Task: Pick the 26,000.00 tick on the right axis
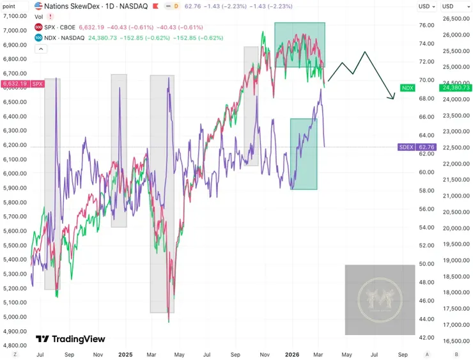[x=455, y=35]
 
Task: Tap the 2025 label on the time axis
[x=125, y=354]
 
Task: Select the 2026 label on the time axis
[x=293, y=354]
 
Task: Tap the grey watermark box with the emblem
[x=380, y=299]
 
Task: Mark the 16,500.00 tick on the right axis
[x=455, y=341]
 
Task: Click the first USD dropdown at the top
[x=426, y=6]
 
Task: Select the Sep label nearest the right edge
[x=402, y=354]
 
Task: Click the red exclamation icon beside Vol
[x=50, y=17]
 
